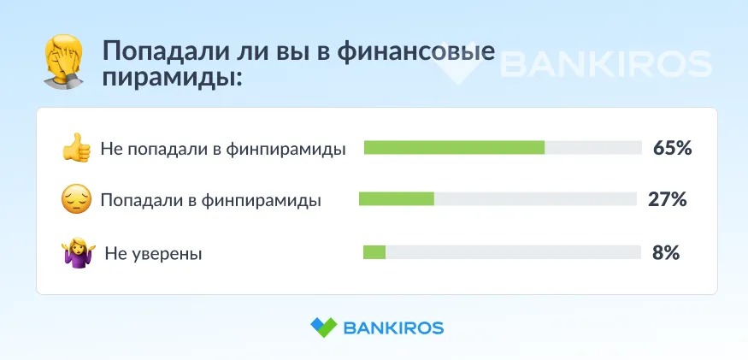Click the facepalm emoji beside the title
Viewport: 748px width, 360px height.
coord(63,62)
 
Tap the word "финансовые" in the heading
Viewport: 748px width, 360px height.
coord(416,52)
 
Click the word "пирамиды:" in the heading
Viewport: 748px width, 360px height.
coord(173,77)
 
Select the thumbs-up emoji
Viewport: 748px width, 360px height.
coord(76,148)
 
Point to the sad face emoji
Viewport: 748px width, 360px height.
coord(76,199)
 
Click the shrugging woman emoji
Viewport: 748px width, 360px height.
coord(79,252)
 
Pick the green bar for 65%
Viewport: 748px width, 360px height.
coord(454,148)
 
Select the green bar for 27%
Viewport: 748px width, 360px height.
coord(397,198)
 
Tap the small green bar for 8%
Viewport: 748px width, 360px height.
coord(374,252)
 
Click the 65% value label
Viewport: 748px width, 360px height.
coord(673,149)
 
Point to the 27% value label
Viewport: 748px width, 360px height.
coord(668,199)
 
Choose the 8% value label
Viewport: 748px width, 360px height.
coord(666,253)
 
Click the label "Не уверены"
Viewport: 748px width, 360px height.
coord(154,254)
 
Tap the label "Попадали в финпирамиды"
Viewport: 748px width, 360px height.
coord(211,201)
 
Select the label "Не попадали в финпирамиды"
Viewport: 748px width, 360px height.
coord(223,150)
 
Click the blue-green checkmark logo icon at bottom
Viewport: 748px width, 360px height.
coord(324,328)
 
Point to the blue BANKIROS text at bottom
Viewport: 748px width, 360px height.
coord(393,328)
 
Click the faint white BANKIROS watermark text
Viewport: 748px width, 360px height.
coord(606,64)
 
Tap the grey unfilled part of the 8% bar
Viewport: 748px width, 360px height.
coord(513,252)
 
